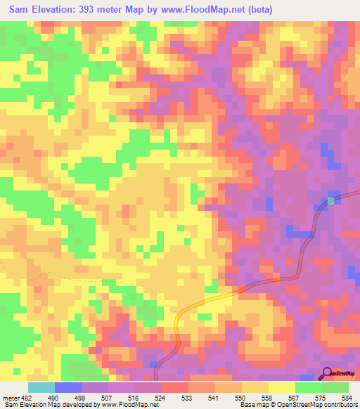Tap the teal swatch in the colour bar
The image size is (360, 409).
click(x=41, y=387)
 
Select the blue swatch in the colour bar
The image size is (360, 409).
click(x=68, y=387)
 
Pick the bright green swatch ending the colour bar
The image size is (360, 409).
click(x=335, y=387)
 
